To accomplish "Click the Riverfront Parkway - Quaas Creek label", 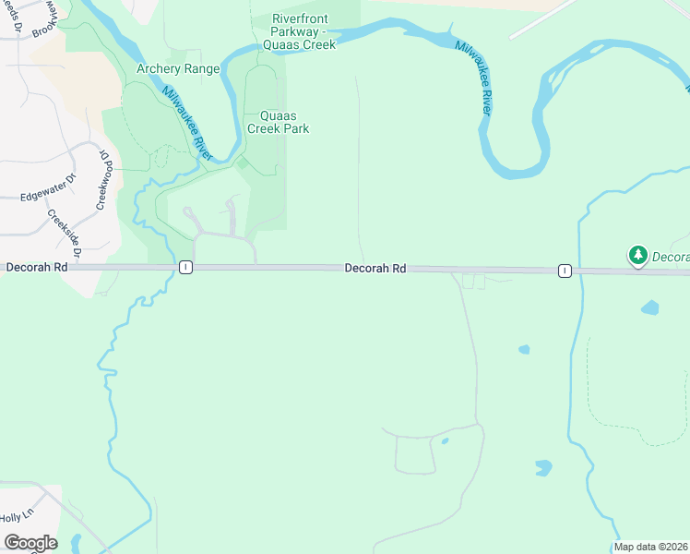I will tap(301, 31).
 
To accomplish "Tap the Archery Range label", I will tap(178, 68).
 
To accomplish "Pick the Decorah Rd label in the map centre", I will tap(375, 269).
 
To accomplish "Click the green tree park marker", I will tap(637, 254).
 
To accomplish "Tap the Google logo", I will tap(30, 543).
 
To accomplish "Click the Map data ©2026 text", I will tap(650, 547).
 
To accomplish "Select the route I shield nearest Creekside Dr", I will tap(185, 267).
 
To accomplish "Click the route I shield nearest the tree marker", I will tap(564, 271).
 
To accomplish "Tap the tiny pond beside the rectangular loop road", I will tap(445, 440).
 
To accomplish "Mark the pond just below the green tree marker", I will tap(651, 307).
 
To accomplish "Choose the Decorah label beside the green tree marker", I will tap(671, 256).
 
